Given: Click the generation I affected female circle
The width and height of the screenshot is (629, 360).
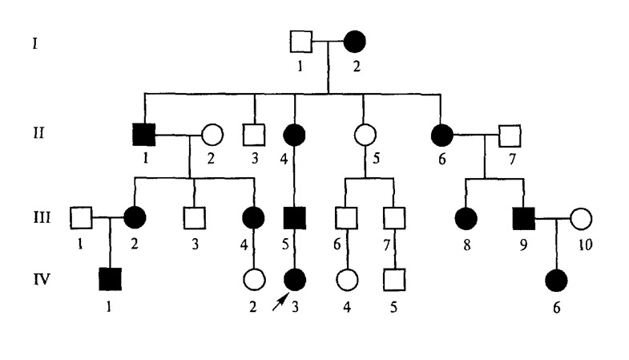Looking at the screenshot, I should [x=354, y=41].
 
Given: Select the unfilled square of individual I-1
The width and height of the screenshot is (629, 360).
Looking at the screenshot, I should [x=300, y=41].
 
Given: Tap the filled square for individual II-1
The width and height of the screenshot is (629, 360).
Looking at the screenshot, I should [x=144, y=134].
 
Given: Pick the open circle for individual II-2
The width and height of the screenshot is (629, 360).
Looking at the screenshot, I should [x=211, y=134].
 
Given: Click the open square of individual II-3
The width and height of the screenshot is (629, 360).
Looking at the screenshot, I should [x=254, y=134].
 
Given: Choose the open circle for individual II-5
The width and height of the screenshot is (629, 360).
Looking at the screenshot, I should [x=365, y=134].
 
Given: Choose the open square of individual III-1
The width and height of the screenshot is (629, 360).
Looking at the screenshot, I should [x=80, y=216].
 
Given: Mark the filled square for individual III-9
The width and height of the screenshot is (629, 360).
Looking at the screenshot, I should [x=524, y=216].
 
